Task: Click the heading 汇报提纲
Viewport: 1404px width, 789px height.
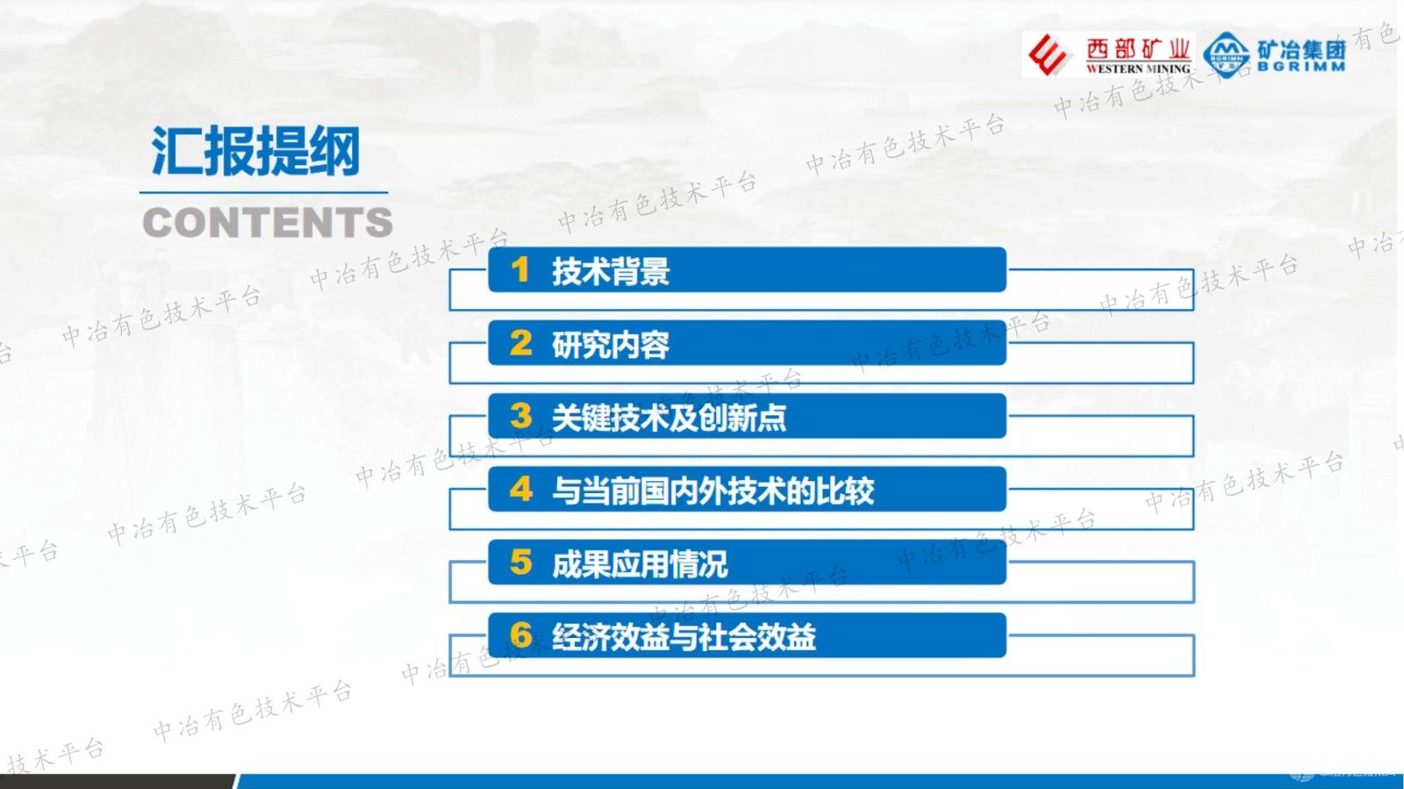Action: pyautogui.click(x=255, y=152)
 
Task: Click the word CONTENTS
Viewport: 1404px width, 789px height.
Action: pyautogui.click(x=268, y=223)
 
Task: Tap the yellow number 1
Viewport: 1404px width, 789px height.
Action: pyautogui.click(x=520, y=270)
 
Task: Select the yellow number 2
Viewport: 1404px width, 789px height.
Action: pyautogui.click(x=520, y=343)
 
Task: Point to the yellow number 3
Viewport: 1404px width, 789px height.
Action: pyautogui.click(x=520, y=416)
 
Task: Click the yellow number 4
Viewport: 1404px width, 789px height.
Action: pyautogui.click(x=520, y=489)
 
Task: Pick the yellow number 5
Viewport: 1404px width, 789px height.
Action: pyautogui.click(x=520, y=563)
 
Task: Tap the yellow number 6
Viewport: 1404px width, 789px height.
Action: pyautogui.click(x=520, y=635)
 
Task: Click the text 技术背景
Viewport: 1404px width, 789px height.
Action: pyautogui.click(x=611, y=271)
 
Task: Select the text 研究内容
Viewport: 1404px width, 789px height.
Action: pyautogui.click(x=611, y=344)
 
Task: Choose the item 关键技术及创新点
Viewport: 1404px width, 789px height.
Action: pyautogui.click(x=669, y=418)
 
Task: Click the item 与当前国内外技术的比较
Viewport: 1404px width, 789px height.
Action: pyautogui.click(x=713, y=491)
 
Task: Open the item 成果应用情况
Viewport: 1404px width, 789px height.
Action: pyautogui.click(x=640, y=563)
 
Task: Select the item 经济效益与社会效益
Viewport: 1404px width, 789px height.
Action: pyautogui.click(x=684, y=636)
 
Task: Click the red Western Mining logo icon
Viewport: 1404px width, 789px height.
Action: pyautogui.click(x=1049, y=55)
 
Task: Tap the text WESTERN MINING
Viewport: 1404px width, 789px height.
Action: pyautogui.click(x=1138, y=68)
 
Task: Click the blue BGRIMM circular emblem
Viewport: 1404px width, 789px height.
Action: pyautogui.click(x=1227, y=55)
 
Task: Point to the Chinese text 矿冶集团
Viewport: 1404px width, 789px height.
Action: pyautogui.click(x=1301, y=48)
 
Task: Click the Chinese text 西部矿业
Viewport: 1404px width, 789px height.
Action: pyautogui.click(x=1138, y=48)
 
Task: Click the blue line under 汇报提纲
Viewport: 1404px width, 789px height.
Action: pyautogui.click(x=263, y=192)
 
